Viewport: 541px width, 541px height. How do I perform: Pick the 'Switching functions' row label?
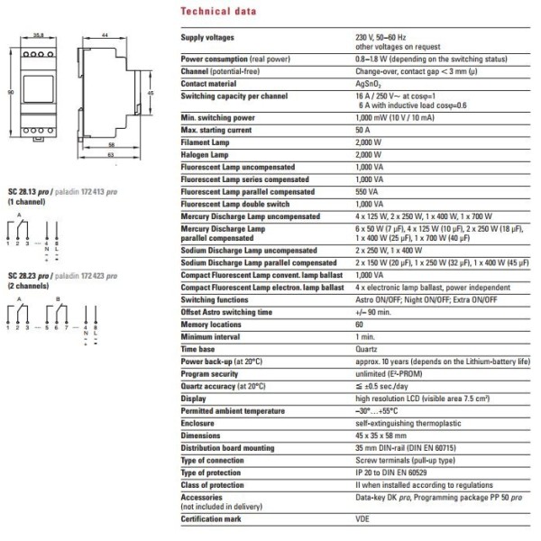pyautogui.click(x=215, y=298)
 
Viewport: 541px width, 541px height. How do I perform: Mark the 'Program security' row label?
pyautogui.click(x=210, y=371)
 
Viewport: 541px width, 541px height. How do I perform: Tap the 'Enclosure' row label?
pyautogui.click(x=199, y=421)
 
